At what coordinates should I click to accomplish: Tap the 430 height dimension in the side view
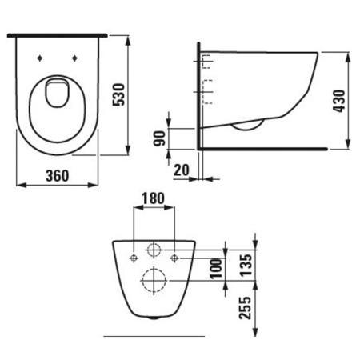341,102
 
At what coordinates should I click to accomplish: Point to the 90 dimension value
160,138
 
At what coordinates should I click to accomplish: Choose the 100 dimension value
214,267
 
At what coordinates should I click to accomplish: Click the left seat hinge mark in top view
40,58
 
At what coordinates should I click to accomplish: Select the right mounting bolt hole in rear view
174,257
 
